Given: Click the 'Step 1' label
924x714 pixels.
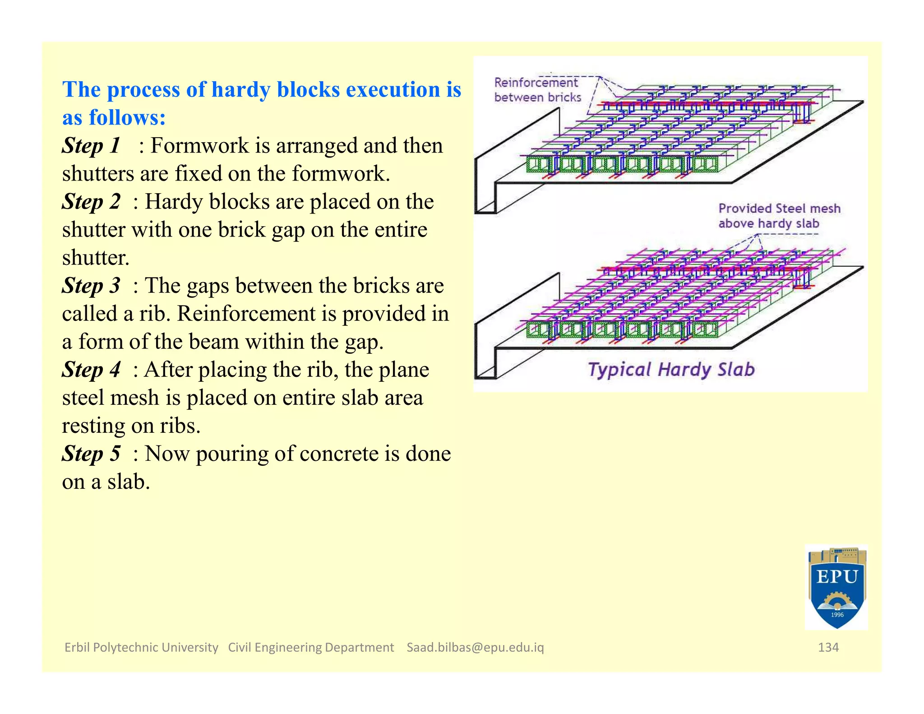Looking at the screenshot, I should [x=91, y=146].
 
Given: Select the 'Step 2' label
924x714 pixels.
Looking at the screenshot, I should [x=91, y=202].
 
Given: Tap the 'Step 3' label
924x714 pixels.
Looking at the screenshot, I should [x=91, y=286].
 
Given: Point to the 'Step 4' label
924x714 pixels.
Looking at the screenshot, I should [x=91, y=370].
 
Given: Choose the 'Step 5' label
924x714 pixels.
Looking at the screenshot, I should [x=91, y=454].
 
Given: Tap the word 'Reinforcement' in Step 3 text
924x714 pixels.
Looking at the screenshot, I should [x=246, y=314].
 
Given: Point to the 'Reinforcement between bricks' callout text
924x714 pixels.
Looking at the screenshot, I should [x=537, y=90].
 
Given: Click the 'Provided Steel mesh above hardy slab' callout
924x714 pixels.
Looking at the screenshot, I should [x=779, y=216].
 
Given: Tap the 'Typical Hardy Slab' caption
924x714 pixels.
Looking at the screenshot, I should [x=671, y=370].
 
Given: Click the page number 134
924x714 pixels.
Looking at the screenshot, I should [x=828, y=647].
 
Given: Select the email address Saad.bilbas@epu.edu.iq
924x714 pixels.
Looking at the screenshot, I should [x=475, y=647].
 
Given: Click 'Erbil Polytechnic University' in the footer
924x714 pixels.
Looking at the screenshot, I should [x=141, y=647].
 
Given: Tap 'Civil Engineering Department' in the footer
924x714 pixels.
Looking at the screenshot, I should [x=311, y=647].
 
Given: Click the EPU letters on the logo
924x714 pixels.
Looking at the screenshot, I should [x=837, y=577].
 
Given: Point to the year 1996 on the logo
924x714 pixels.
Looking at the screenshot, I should [x=837, y=615].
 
